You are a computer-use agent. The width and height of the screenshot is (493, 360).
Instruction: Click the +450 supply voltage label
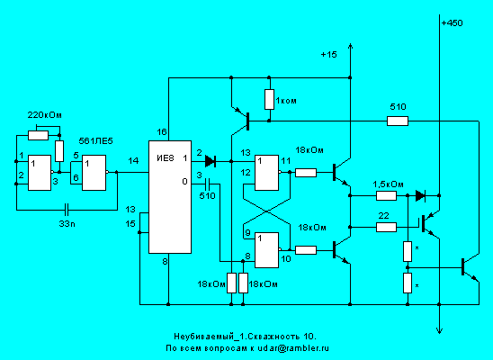(x=452, y=23)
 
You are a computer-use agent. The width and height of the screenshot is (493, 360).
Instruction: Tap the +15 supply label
(x=328, y=55)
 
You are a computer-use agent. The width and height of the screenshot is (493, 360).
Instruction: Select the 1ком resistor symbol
(x=269, y=100)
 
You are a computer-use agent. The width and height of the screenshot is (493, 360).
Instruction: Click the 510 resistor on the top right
(x=398, y=121)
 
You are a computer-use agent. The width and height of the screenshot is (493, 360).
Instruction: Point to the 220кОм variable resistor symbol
(x=38, y=135)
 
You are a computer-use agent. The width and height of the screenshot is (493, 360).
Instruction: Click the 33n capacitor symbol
(x=67, y=208)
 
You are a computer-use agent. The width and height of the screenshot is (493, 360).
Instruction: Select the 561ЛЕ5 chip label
(x=95, y=141)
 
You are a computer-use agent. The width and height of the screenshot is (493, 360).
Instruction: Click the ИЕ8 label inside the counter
(x=166, y=157)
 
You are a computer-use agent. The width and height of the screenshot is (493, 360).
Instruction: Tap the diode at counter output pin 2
(x=210, y=161)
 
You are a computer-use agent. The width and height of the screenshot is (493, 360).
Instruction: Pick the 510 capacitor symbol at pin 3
(x=207, y=184)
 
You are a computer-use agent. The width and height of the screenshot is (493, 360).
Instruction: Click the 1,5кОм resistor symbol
(x=386, y=196)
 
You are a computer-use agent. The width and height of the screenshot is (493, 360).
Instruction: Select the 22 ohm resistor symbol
(x=386, y=227)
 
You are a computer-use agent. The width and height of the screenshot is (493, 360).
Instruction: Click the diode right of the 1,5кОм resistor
(x=420, y=195)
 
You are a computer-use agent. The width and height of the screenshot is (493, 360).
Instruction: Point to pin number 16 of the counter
(x=162, y=131)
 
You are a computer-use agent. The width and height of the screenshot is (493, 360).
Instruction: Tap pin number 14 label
(x=133, y=161)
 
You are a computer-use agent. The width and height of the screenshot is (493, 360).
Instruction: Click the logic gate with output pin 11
(x=266, y=173)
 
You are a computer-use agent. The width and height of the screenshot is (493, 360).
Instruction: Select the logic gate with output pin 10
(x=266, y=250)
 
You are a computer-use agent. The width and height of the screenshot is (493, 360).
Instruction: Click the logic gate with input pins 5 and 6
(x=94, y=173)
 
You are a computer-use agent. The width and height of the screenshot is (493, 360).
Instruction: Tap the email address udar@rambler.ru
(x=293, y=348)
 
